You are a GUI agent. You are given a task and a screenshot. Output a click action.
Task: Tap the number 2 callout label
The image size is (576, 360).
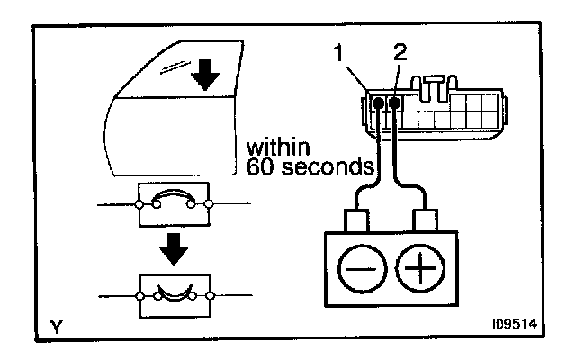tap(400, 51)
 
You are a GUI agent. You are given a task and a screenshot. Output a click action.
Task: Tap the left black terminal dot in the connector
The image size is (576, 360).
tap(378, 104)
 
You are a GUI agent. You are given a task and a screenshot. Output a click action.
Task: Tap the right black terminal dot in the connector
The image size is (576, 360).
tap(394, 104)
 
